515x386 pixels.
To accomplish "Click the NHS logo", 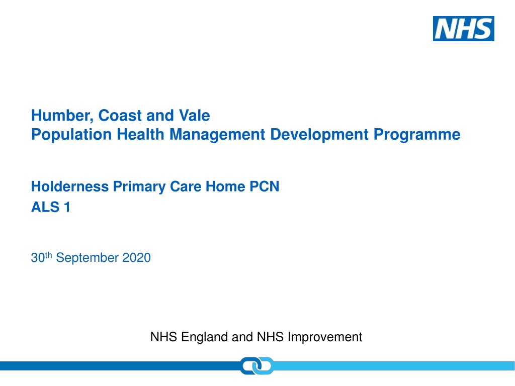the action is tap(463, 29).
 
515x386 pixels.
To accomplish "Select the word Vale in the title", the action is tap(195, 116).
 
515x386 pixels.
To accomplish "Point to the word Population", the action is tap(71, 135).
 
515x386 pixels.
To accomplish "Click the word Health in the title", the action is tap(141, 134).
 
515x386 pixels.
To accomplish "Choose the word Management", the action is tap(217, 135).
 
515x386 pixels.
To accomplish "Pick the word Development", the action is tap(319, 135).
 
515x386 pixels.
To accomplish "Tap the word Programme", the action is tap(417, 135).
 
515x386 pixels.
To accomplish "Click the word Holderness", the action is tap(70, 186).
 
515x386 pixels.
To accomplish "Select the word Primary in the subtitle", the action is tap(140, 187).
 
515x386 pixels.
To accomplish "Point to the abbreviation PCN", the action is tap(265, 186).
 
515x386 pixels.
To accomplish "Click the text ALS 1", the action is tap(51, 207).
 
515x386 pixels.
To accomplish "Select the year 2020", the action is tap(137, 258).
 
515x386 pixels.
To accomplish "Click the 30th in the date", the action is tap(41, 257).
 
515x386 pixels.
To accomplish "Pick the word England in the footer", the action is tap(205, 337).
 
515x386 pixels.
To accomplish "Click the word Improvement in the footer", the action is tap(325, 337).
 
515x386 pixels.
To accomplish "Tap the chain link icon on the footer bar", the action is tap(257, 366).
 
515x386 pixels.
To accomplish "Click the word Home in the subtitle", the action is tap(225, 186).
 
